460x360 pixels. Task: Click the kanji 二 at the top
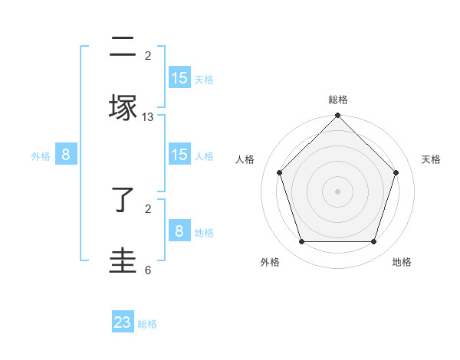pos(123,48)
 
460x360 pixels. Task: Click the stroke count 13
pos(148,117)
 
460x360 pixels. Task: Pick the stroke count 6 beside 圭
pos(148,270)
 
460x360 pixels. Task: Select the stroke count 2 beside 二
pos(148,55)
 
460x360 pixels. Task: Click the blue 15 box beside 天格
pos(179,78)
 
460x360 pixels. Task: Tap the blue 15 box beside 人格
pos(179,155)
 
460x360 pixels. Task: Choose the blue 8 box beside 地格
pos(179,231)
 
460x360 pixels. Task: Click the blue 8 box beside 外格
pos(66,155)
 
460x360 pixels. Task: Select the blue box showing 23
pos(123,322)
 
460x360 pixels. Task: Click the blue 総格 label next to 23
pos(147,324)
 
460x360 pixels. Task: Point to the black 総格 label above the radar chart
pos(338,100)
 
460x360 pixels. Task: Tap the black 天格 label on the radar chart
pos(432,159)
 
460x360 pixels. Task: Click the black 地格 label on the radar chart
pos(402,262)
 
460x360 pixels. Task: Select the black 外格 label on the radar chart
pos(270,262)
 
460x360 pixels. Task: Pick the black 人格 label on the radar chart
pos(245,159)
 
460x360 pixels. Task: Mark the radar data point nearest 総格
pos(337,116)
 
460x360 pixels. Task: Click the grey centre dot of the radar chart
pos(337,191)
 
